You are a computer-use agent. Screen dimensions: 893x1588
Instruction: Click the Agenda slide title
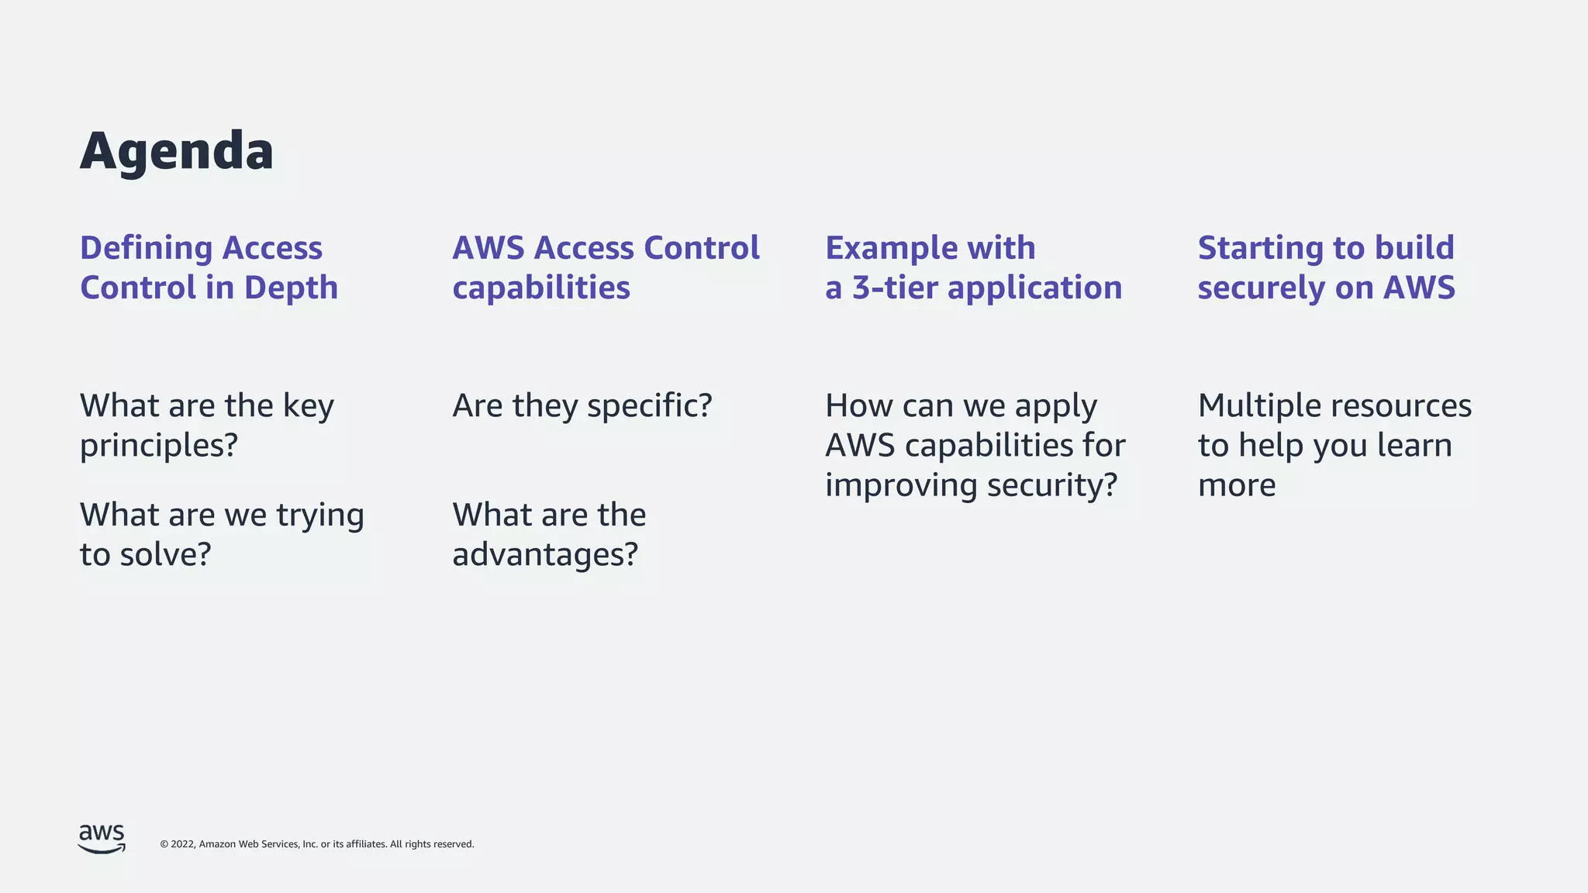177,151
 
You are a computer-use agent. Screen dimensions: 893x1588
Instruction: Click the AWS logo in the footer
102,839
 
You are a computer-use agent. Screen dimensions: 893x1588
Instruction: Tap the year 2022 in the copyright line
183,844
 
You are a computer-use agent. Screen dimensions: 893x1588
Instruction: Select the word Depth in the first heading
291,288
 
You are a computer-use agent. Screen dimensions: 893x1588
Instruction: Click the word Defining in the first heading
147,248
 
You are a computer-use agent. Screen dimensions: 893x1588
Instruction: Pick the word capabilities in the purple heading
541,288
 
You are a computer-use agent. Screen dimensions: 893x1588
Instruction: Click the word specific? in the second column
649,406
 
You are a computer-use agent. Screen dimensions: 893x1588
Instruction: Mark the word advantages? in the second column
545,555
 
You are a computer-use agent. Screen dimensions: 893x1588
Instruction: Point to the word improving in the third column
900,486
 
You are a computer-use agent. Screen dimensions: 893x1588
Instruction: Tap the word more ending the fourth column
1237,486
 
